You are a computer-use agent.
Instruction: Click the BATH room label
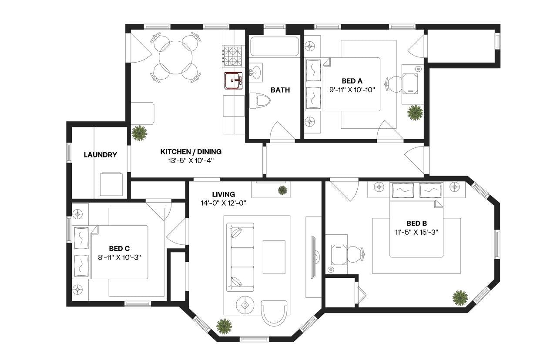point(280,90)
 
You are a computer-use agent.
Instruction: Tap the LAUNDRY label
point(100,155)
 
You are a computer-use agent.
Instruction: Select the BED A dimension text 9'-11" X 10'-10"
point(352,90)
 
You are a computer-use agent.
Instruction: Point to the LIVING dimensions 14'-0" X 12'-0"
point(224,203)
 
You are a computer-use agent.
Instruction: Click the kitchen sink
point(234,80)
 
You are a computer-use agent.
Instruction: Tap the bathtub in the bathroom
point(274,47)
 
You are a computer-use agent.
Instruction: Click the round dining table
point(176,58)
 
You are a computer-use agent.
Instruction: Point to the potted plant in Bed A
point(415,112)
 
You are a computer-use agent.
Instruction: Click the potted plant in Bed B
point(460,298)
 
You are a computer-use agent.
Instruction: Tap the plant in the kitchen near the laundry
point(139,133)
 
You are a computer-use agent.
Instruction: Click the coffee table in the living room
point(274,257)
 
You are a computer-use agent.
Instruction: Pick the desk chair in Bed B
point(355,254)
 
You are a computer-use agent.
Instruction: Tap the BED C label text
point(119,248)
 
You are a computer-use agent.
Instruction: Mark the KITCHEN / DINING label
point(191,152)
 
